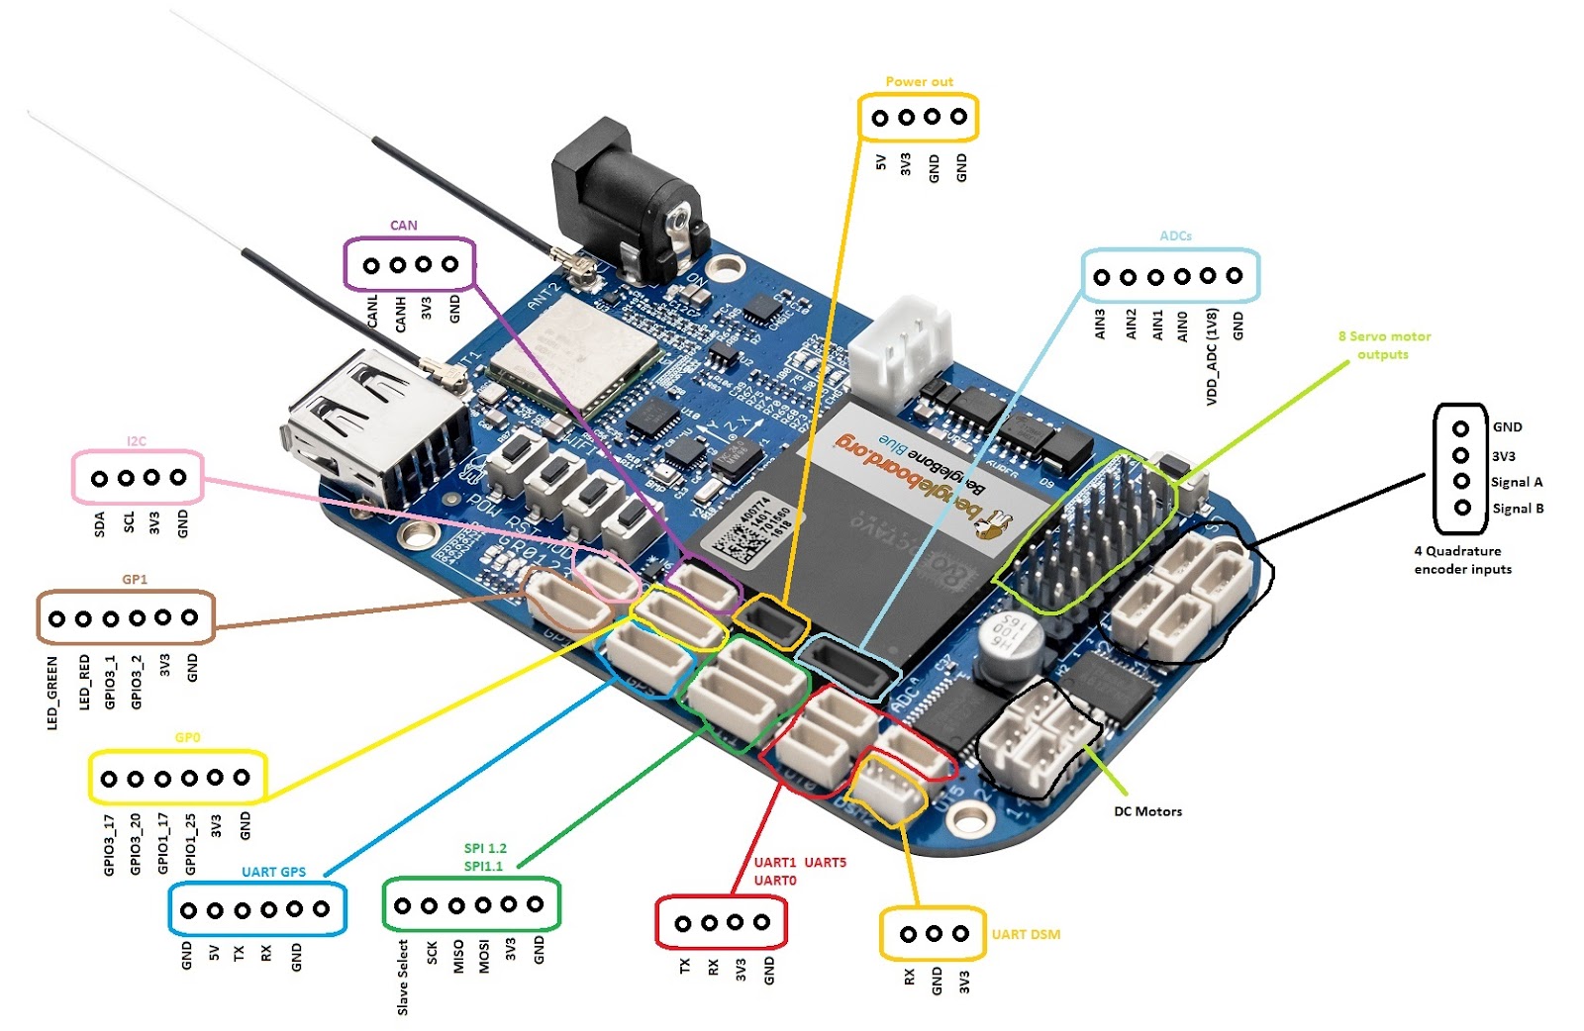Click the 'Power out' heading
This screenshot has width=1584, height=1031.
[x=919, y=82]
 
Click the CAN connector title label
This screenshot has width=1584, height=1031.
[x=404, y=226]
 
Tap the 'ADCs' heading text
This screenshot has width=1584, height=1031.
[x=1175, y=235]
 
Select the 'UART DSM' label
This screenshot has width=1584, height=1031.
[x=1026, y=934]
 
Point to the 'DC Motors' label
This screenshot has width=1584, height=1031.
[x=1147, y=811]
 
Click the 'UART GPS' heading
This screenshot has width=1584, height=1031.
[x=273, y=872]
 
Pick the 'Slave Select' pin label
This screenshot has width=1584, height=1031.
[x=403, y=977]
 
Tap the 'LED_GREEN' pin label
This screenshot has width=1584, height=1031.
[x=52, y=693]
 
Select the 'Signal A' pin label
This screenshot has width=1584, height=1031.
[x=1517, y=482]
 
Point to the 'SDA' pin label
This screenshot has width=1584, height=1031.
[x=100, y=524]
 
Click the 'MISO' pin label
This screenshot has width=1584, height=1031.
[x=458, y=957]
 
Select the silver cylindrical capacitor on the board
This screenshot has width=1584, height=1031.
[x=1011, y=648]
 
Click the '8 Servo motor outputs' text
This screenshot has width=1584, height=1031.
[x=1384, y=345]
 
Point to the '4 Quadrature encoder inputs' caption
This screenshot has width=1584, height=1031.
[x=1462, y=560]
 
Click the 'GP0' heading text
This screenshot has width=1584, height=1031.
[x=187, y=737]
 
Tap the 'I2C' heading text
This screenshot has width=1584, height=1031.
[x=137, y=441]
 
